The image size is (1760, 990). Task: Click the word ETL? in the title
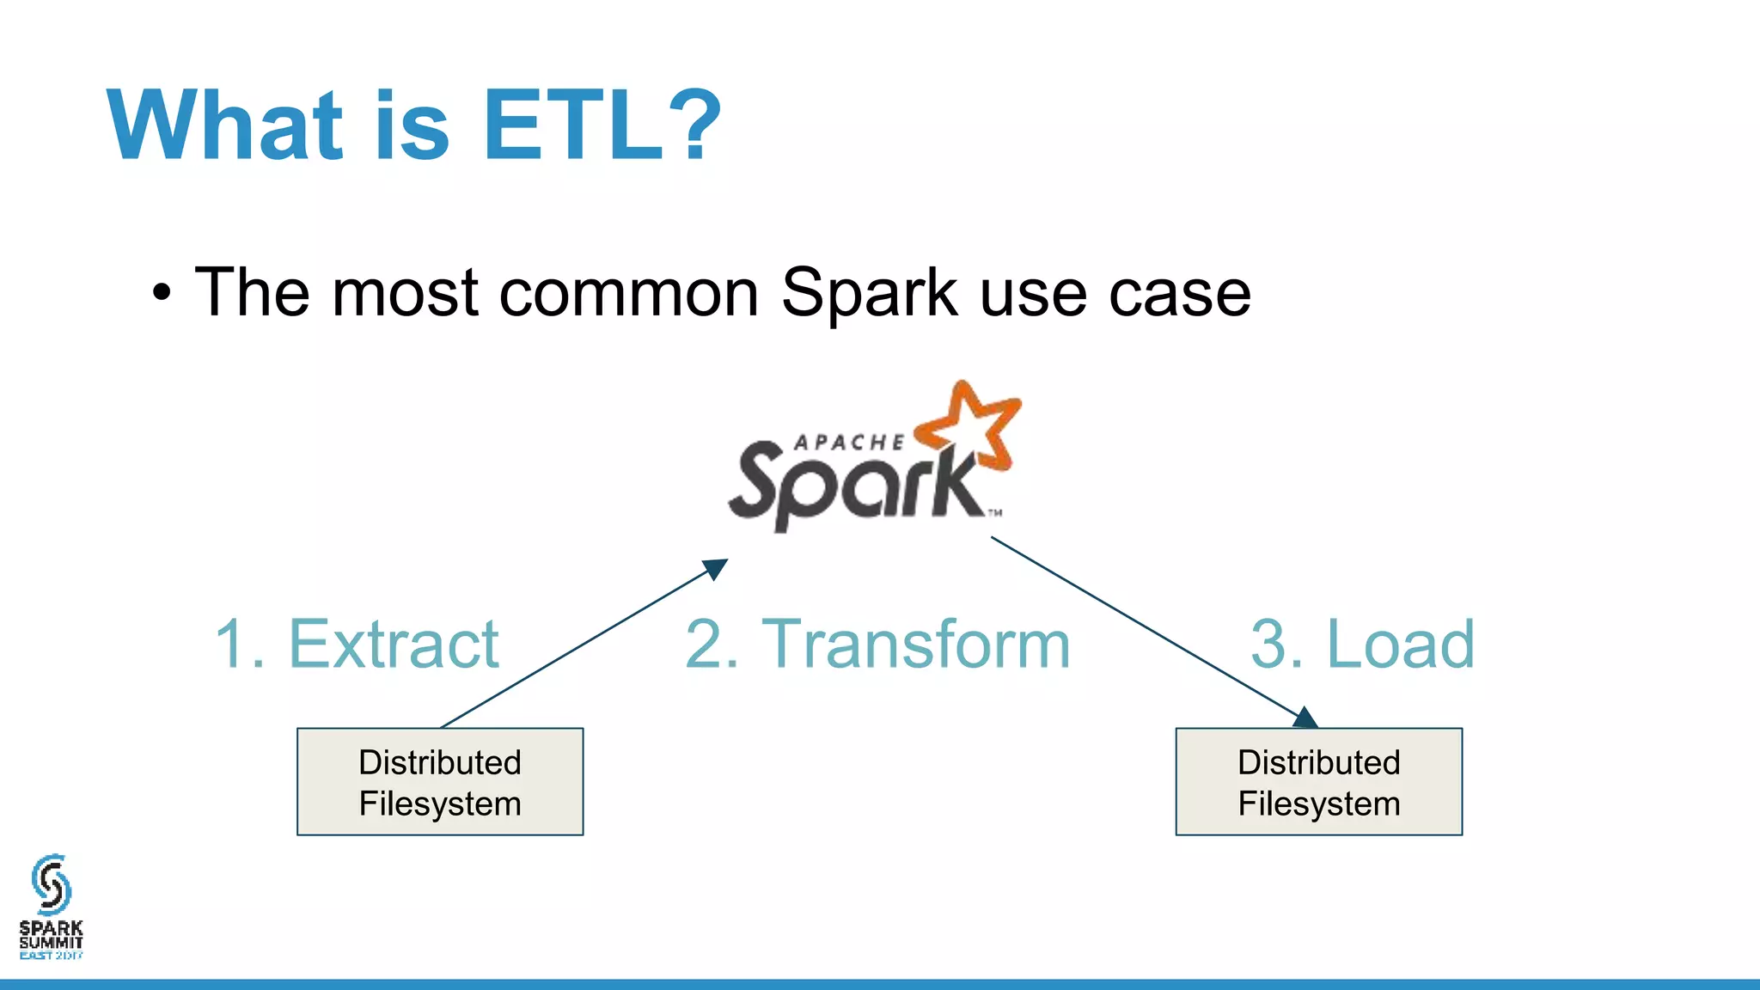[x=602, y=125]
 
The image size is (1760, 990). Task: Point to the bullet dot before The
[x=162, y=294]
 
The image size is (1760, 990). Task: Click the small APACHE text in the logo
[x=848, y=443]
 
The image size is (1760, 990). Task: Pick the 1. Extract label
[x=357, y=644]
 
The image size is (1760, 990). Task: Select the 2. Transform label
[x=877, y=644]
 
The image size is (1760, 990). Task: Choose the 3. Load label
[x=1362, y=644]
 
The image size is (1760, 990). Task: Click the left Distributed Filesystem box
[x=440, y=781]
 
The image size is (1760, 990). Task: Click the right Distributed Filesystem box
[x=1318, y=781]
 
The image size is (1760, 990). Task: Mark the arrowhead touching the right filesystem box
[x=1305, y=718]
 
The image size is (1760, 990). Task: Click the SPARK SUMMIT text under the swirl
[x=51, y=934]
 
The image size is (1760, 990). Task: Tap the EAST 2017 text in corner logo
[x=51, y=956]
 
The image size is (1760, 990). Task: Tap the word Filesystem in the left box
[x=440, y=804]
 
